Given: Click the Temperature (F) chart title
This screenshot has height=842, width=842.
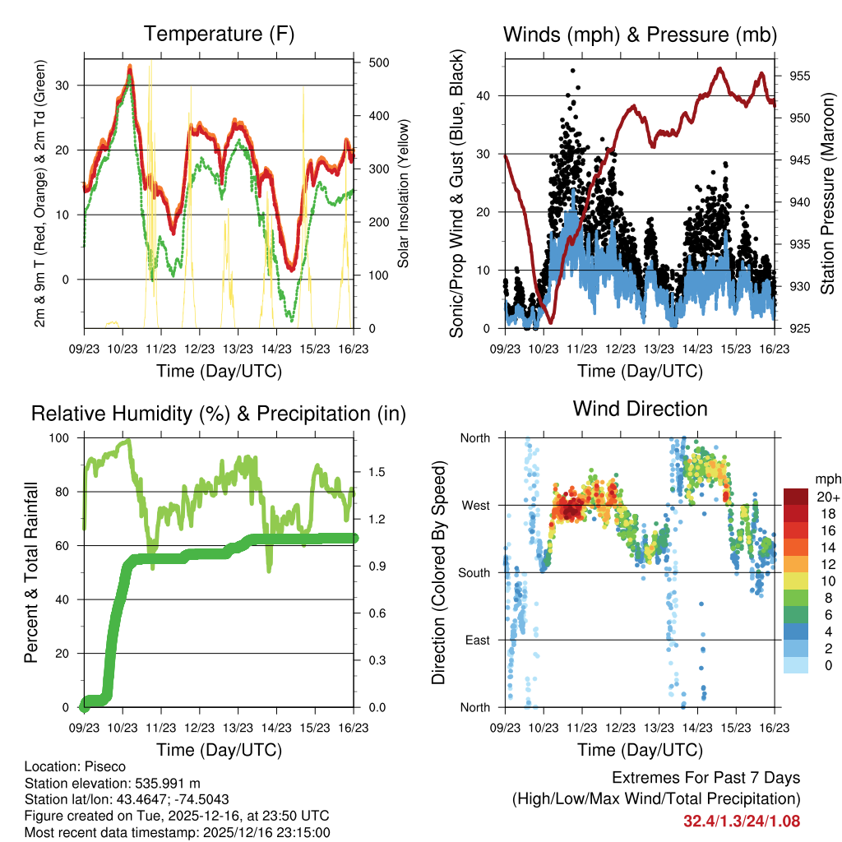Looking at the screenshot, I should (219, 35).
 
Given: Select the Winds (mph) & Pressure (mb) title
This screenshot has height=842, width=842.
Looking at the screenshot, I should (641, 35).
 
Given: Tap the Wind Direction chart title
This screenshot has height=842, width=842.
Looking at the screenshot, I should (640, 409).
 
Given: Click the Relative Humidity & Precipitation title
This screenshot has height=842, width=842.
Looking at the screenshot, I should (219, 414).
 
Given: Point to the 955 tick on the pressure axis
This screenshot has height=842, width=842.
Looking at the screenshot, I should (799, 76).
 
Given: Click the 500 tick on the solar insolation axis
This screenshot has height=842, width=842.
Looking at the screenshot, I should (371, 62).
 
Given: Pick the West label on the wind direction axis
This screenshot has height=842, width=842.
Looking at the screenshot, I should (475, 505).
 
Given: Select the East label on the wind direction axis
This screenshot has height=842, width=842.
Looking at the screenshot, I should (476, 640).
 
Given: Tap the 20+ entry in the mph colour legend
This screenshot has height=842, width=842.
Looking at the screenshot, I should (827, 496).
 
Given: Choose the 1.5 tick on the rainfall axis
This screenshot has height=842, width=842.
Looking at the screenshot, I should (371, 472).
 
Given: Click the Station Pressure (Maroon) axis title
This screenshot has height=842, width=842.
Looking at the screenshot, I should (827, 193).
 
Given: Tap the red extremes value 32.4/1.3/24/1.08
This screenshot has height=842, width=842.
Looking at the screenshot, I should (742, 821).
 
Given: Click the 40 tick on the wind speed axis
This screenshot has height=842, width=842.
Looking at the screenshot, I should (483, 95).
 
